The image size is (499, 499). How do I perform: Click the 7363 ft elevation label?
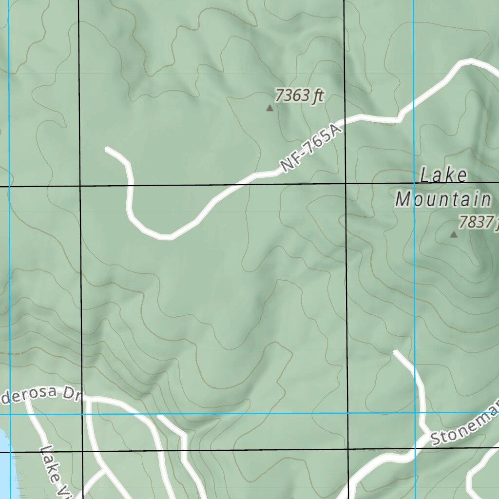(299, 96)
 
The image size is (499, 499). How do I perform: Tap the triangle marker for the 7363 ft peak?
(269, 108)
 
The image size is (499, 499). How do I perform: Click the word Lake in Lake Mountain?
(443, 175)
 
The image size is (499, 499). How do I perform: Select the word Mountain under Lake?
(443, 199)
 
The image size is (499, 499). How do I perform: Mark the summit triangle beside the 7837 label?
(454, 234)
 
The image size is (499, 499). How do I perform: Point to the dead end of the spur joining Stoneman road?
(395, 351)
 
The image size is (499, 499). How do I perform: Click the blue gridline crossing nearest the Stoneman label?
(414, 413)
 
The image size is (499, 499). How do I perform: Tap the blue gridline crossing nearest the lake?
(10, 414)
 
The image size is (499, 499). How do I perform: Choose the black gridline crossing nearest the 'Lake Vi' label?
(82, 452)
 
